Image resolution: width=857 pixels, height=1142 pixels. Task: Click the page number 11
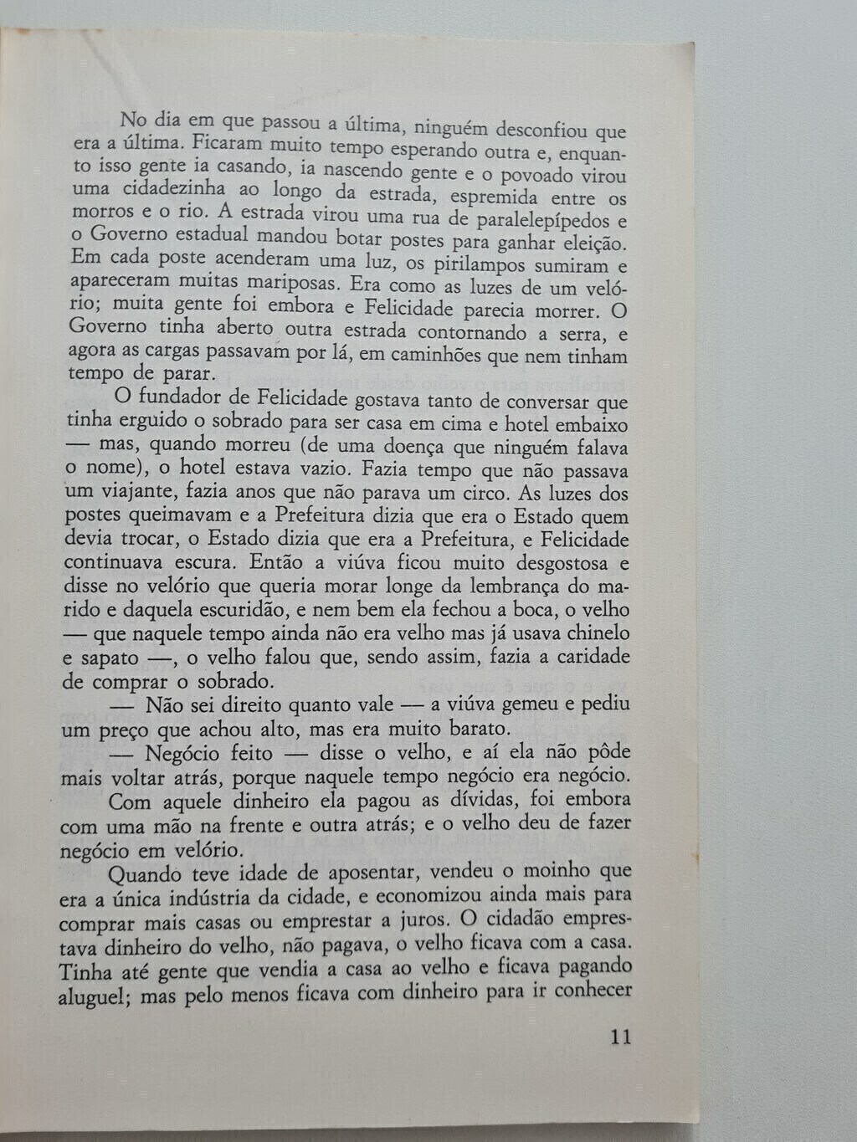click(620, 1037)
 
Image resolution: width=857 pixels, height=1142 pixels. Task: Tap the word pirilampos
click(478, 265)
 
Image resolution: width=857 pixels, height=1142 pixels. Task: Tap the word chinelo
click(591, 633)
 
